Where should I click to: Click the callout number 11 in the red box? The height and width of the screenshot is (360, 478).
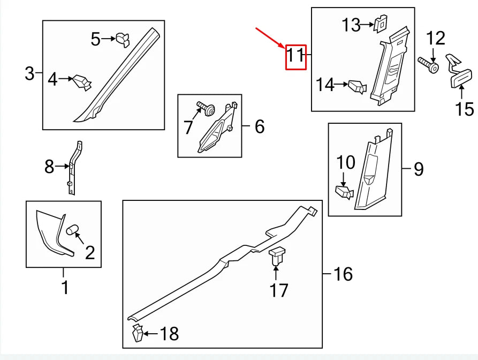pos(295,56)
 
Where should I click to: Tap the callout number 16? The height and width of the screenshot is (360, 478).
pos(343,274)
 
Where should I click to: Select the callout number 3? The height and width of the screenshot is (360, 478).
pos(30,73)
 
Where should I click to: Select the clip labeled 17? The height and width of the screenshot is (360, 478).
pos(277,256)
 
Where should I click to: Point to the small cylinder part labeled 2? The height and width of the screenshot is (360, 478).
pos(72,230)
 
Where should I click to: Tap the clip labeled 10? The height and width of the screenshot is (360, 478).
pos(344,192)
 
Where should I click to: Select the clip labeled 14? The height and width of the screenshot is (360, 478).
pos(357,86)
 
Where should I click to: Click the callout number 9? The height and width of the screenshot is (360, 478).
pos(418,170)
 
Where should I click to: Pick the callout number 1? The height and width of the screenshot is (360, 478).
pos(64,287)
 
